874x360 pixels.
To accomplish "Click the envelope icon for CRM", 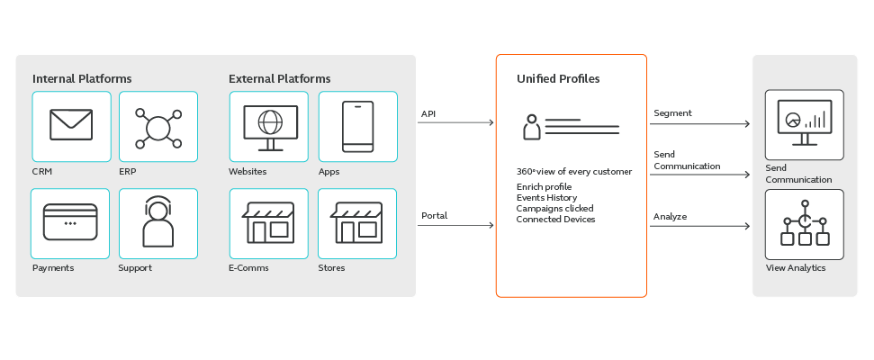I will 71,124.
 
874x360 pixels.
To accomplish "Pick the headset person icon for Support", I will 158,221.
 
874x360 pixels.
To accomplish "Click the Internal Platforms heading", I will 82,79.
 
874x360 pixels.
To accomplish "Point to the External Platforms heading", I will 279,79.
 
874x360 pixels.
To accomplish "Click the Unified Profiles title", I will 558,79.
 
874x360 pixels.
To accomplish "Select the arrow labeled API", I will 456,122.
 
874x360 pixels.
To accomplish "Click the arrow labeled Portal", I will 456,225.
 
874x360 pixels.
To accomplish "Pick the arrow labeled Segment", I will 700,123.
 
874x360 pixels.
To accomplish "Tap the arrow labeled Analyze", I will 700,226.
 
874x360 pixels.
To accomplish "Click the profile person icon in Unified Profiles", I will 532,127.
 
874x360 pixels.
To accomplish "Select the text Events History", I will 546,197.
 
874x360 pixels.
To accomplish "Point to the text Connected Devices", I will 555,219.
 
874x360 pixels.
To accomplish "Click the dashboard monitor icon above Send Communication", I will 805,121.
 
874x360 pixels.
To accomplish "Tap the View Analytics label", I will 795,268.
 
